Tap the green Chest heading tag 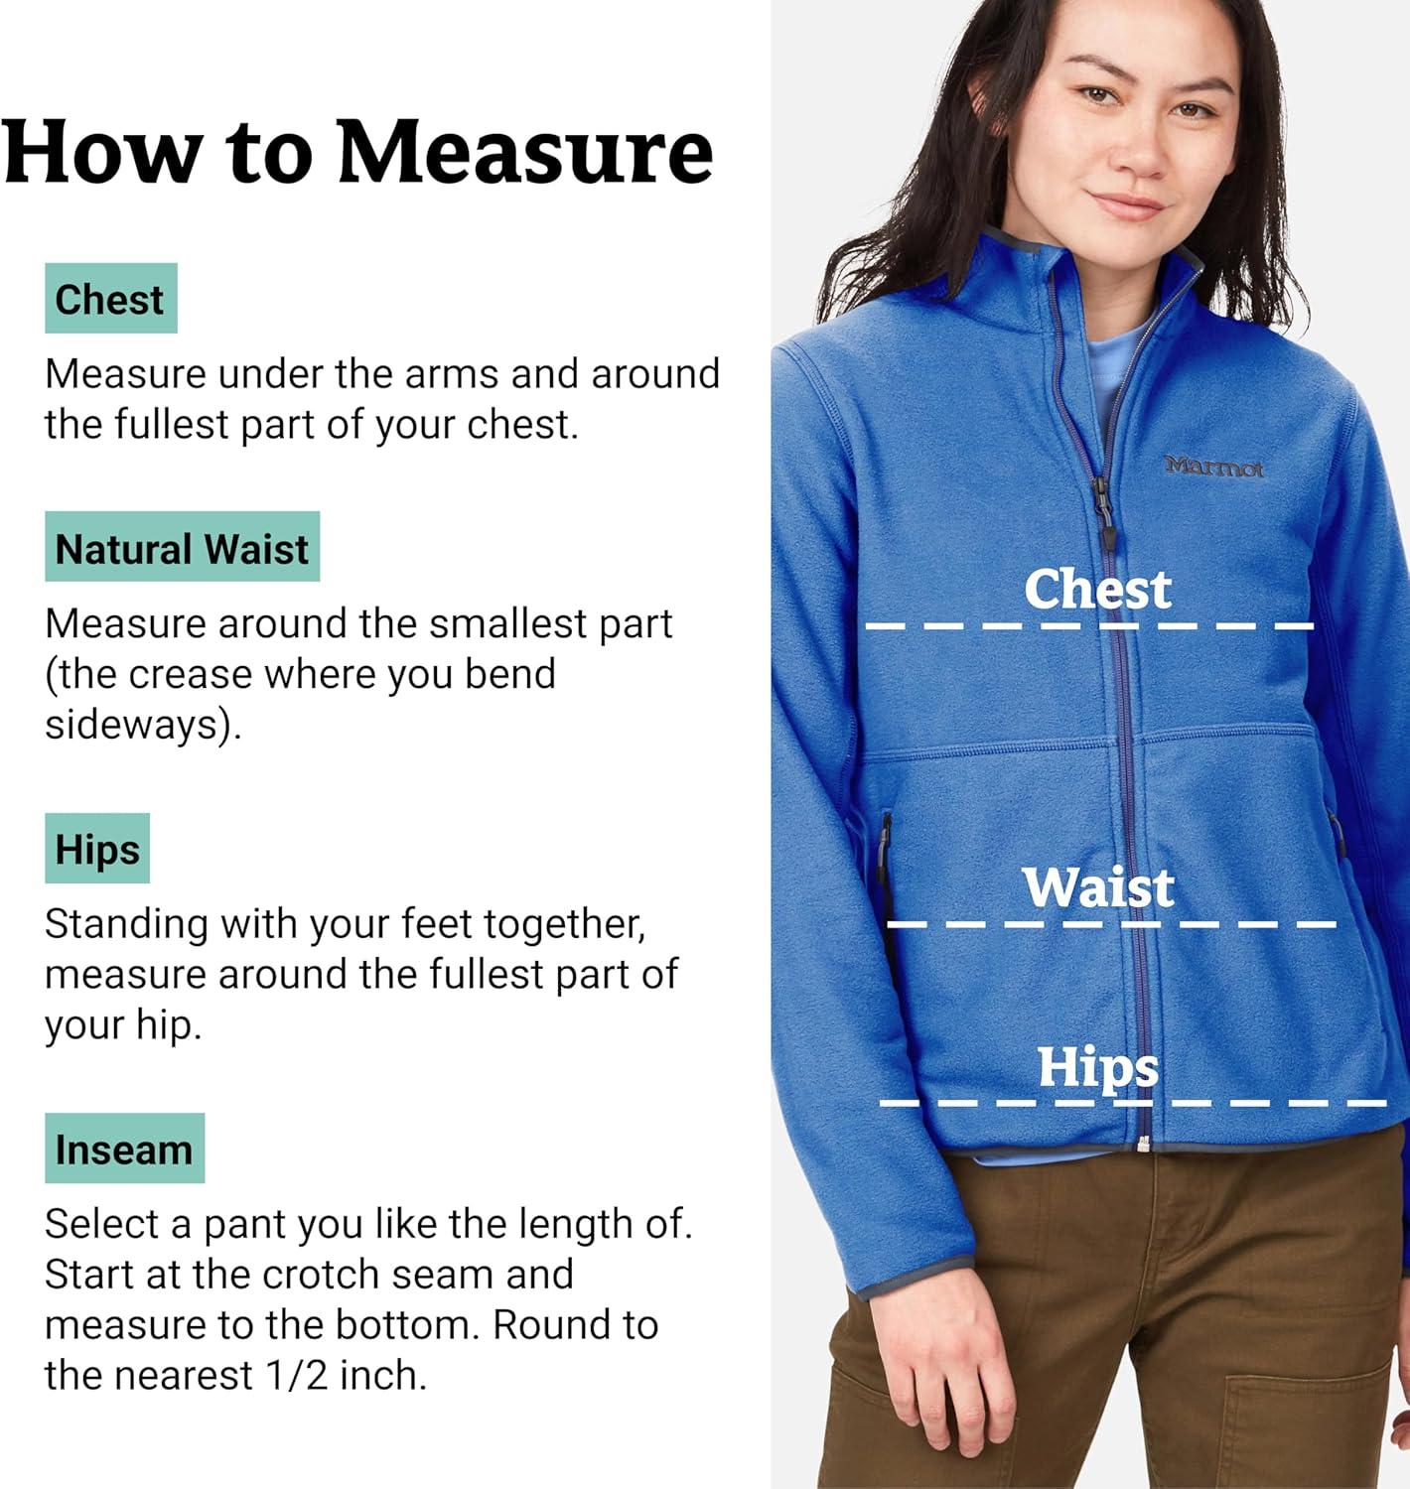click(110, 299)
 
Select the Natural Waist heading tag click(182, 547)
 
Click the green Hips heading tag click(97, 849)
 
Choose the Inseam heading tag click(124, 1149)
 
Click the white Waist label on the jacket click(1098, 886)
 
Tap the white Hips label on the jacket click(1098, 1068)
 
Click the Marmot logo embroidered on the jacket click(1213, 467)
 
